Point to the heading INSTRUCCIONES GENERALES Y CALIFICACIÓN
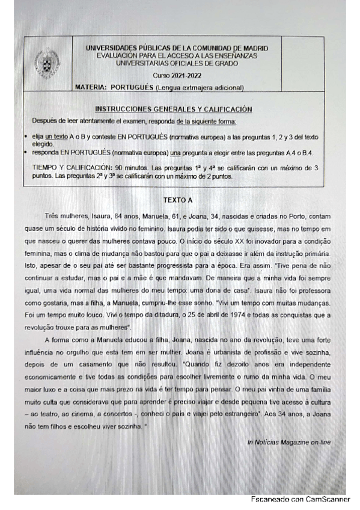174,109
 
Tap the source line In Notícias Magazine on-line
288,442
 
